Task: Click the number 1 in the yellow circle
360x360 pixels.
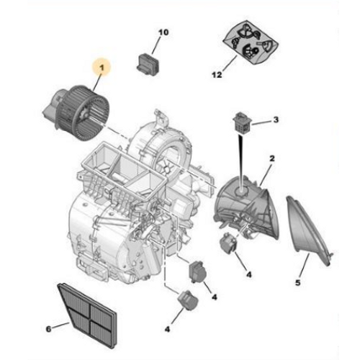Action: (x=102, y=69)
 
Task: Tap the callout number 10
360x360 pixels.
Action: (x=163, y=33)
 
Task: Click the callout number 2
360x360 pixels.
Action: (x=272, y=158)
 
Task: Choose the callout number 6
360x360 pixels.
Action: (x=49, y=329)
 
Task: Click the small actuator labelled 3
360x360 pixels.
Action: (x=240, y=123)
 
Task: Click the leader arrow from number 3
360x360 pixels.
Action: (x=261, y=121)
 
